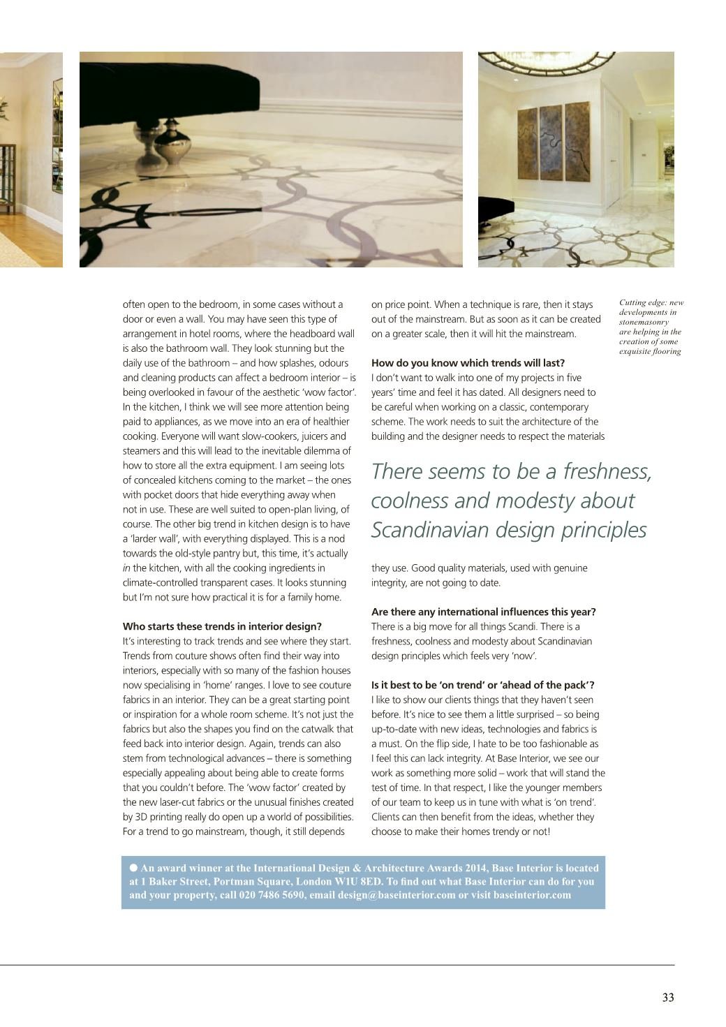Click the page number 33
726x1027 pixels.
(x=668, y=998)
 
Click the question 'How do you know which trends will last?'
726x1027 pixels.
(x=468, y=363)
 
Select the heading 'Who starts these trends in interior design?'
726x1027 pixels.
(x=222, y=626)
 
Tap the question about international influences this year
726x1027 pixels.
(x=483, y=612)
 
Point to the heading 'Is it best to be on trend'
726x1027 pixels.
(x=482, y=685)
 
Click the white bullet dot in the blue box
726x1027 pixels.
(x=133, y=868)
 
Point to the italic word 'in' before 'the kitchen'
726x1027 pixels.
(x=126, y=568)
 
